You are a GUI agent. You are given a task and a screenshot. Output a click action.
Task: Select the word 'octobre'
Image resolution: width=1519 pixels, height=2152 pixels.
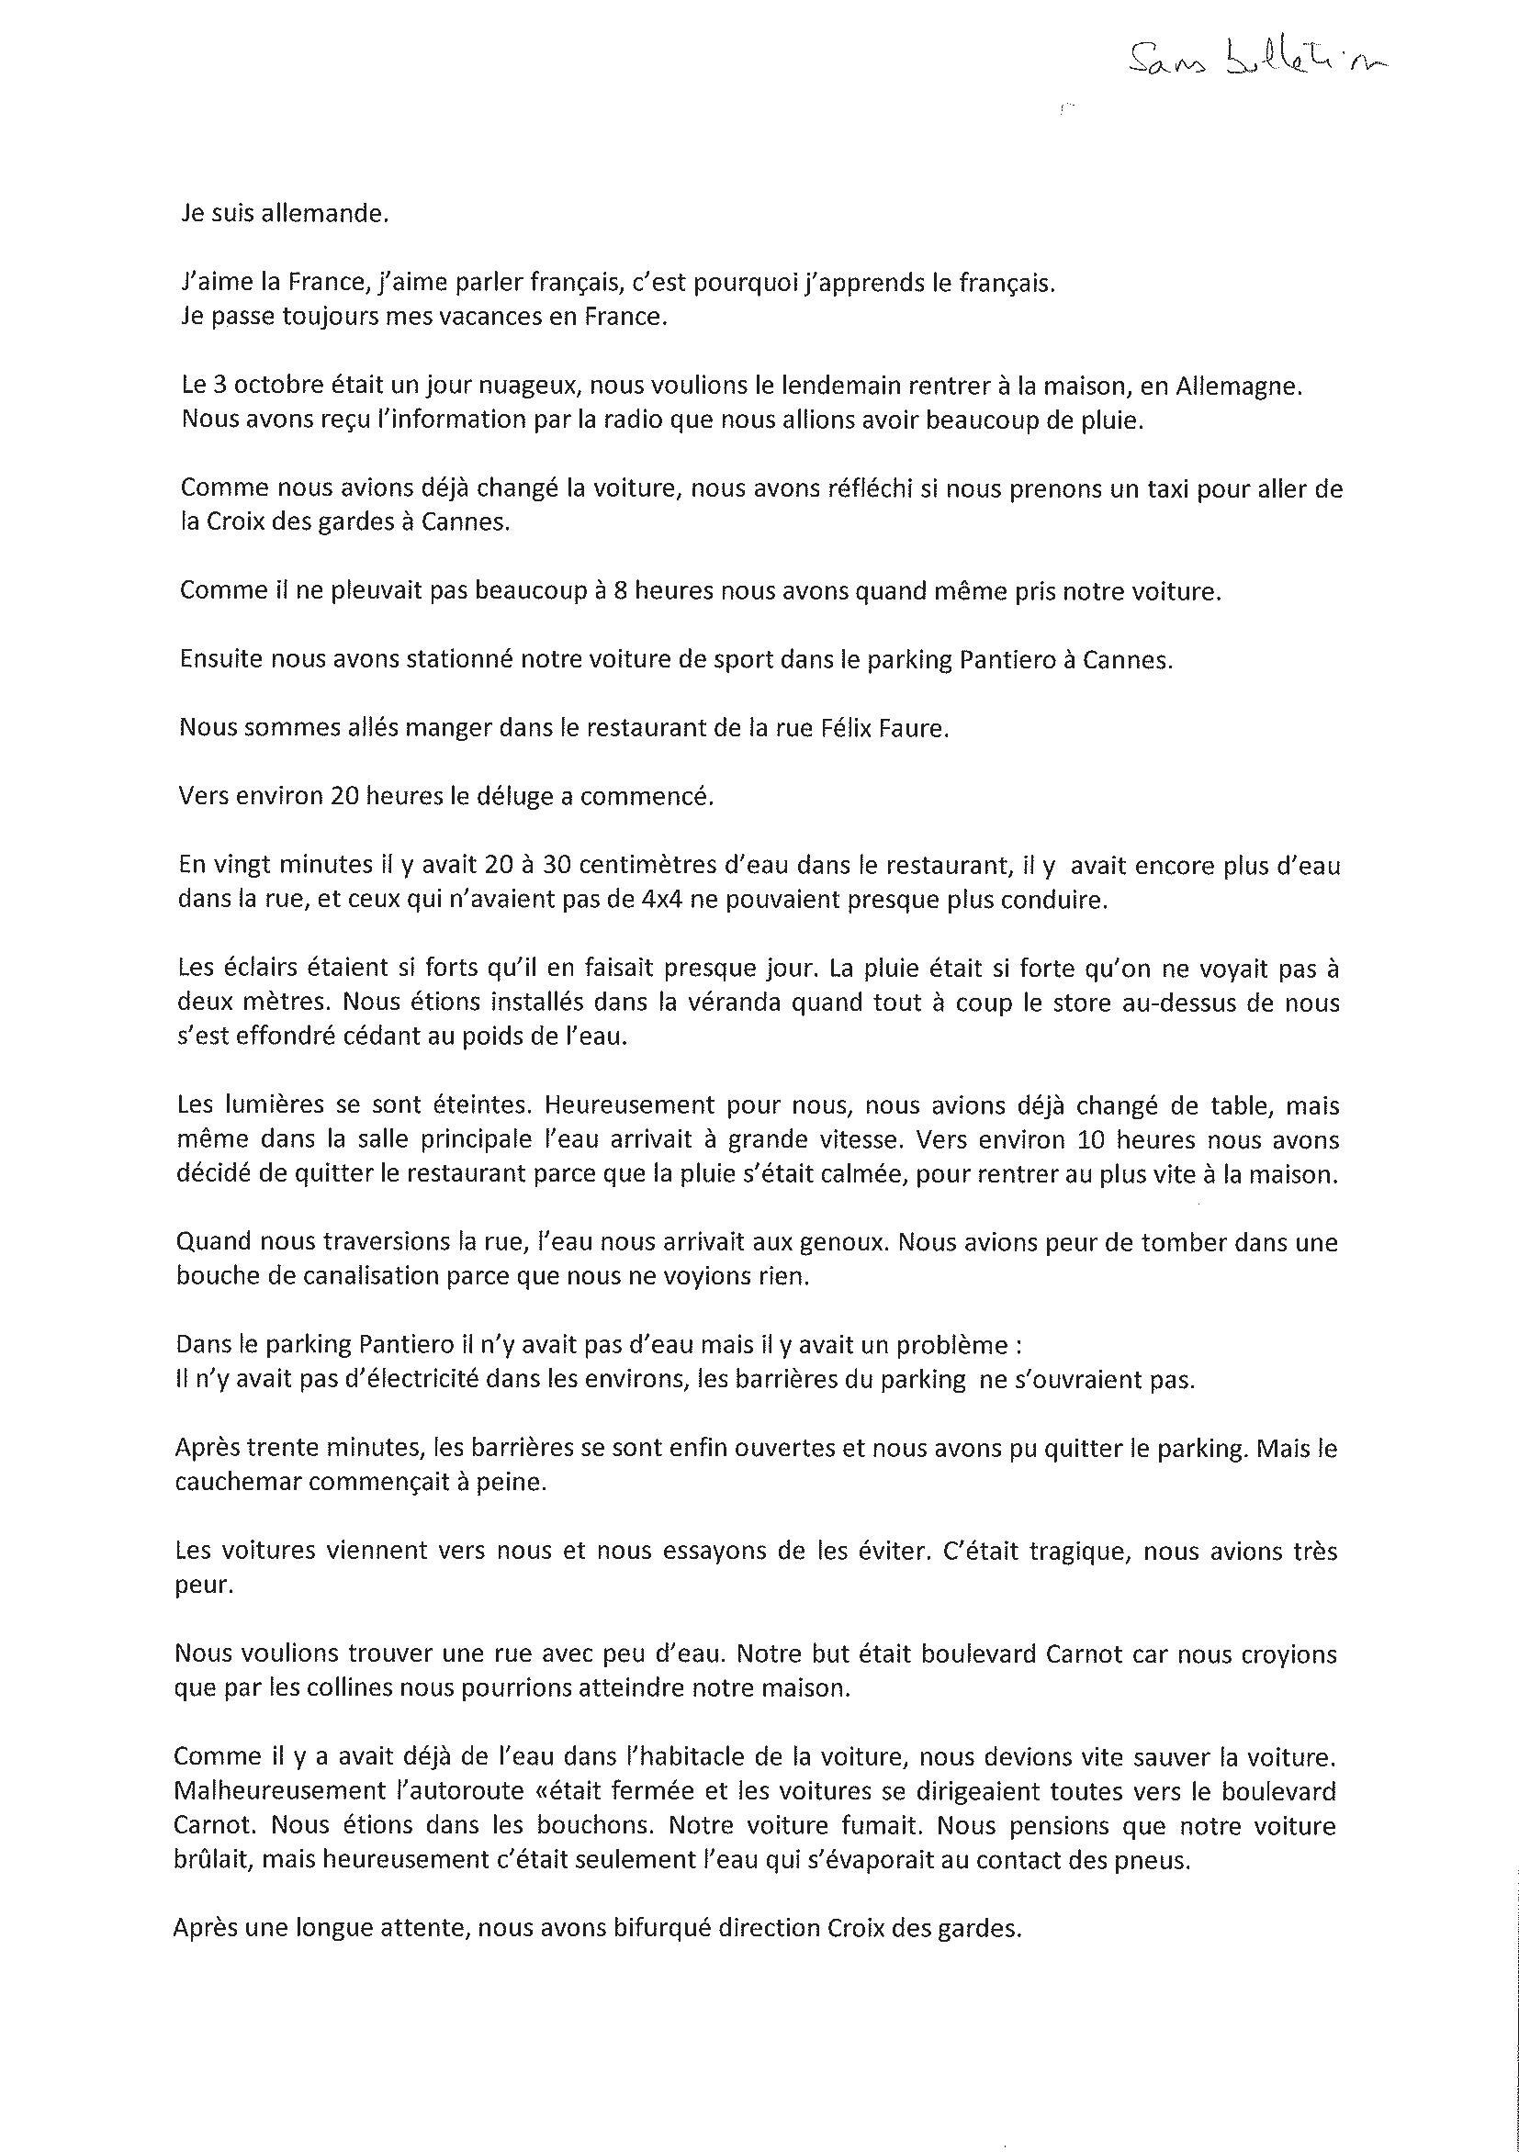click(x=269, y=387)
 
